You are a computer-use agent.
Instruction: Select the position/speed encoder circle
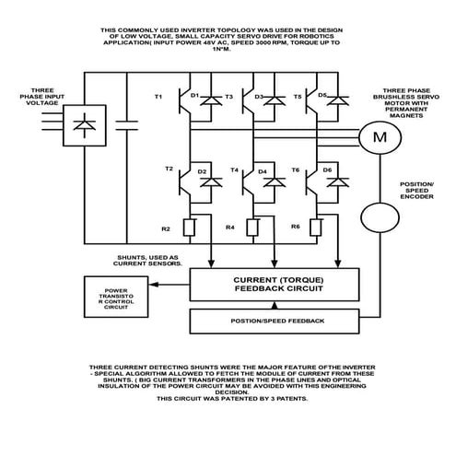[x=375, y=218]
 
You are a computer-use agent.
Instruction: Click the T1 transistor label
[x=158, y=97]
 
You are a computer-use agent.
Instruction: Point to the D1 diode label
[x=194, y=95]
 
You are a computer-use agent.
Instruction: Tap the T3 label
[x=228, y=97]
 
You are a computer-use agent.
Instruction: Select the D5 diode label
[x=322, y=95]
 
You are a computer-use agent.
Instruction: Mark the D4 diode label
[x=263, y=171]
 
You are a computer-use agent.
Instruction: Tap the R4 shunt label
[x=229, y=227]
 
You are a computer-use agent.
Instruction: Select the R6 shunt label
[x=295, y=226]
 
